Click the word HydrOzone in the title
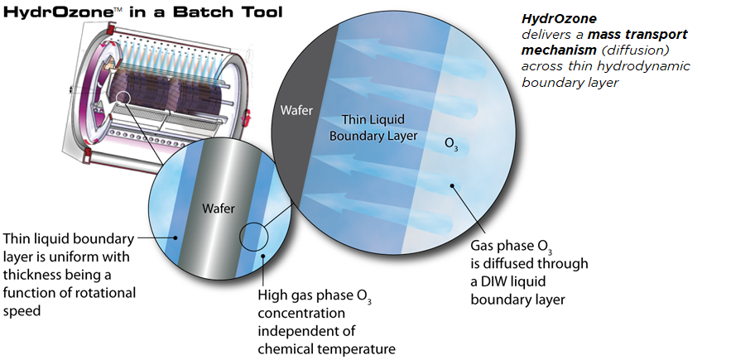tap(57, 12)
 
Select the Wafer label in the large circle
tap(296, 112)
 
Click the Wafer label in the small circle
tap(219, 208)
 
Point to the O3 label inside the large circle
tap(451, 143)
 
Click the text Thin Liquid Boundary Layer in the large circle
tap(373, 127)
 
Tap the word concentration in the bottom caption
tap(301, 313)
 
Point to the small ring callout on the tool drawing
tap(123, 97)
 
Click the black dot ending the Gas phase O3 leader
tap(452, 185)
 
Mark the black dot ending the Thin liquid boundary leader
tap(176, 238)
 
